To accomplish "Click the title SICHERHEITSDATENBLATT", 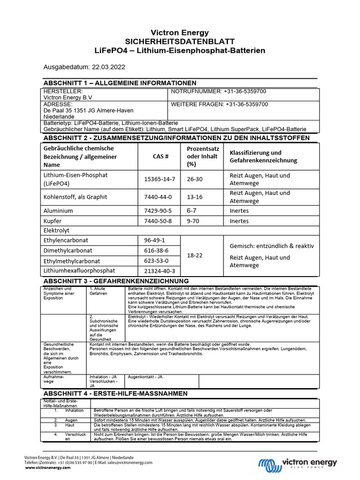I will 180,41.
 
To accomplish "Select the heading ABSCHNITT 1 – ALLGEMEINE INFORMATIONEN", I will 120,83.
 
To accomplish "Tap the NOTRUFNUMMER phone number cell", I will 218,91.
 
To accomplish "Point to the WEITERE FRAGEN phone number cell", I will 219,104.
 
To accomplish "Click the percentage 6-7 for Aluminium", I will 192,211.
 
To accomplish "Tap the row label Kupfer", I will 52,221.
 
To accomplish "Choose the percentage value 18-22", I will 195,255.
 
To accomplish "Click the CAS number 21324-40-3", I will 159,271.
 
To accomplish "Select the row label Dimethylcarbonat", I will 68,251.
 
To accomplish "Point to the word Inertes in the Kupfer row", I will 239,221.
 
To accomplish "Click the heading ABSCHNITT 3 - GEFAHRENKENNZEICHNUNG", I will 116,281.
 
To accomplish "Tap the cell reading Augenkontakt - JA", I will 145,377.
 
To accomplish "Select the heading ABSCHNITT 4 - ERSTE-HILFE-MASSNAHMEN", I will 115,393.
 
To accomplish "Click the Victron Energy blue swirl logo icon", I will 270,464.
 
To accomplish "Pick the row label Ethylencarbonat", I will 66,240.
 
